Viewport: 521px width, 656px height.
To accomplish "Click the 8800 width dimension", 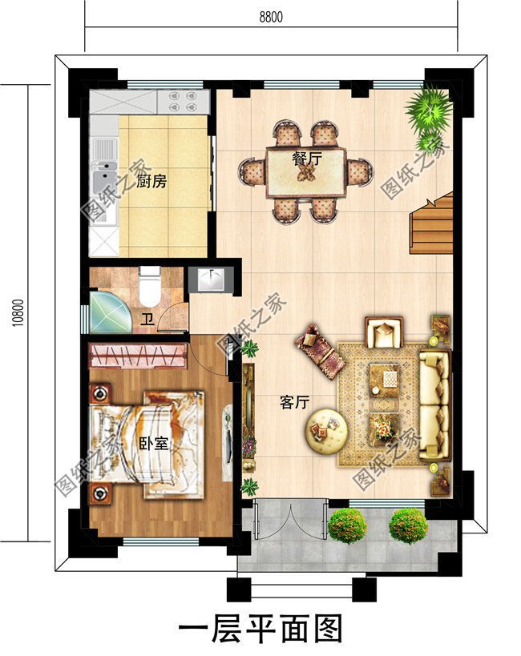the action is click(271, 17).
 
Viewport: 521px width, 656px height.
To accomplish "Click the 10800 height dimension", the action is click(18, 312).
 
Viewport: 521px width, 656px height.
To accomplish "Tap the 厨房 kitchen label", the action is click(151, 181).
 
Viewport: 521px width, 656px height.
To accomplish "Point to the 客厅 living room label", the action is click(295, 402).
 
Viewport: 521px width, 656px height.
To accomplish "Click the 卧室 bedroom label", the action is click(154, 443).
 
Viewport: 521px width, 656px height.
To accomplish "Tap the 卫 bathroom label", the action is click(147, 320).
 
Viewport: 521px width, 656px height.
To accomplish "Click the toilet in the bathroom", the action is click(150, 286).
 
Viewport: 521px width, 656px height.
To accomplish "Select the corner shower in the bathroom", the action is click(110, 312).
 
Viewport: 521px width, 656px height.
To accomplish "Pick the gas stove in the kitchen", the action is click(183, 102).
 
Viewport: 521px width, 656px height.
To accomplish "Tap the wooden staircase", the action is click(431, 223).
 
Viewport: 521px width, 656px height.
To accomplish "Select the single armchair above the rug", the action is click(384, 332).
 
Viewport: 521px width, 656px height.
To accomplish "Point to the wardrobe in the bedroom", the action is click(138, 355).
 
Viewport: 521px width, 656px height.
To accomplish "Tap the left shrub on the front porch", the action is click(348, 525).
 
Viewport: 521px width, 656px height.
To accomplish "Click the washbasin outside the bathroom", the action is click(211, 280).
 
